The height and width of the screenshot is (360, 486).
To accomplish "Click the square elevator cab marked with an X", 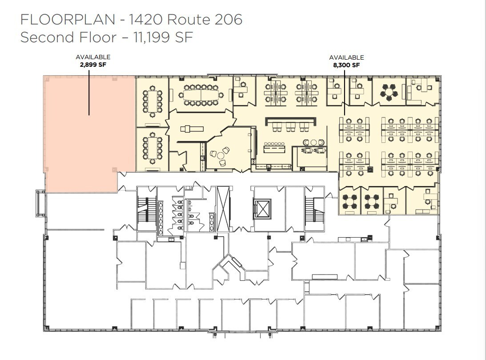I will (261, 208).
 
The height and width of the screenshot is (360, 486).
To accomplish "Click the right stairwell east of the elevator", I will (314, 209).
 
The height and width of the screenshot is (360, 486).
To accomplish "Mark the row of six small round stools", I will (274, 144).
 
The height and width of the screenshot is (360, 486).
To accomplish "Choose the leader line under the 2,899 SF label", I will (89, 91).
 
